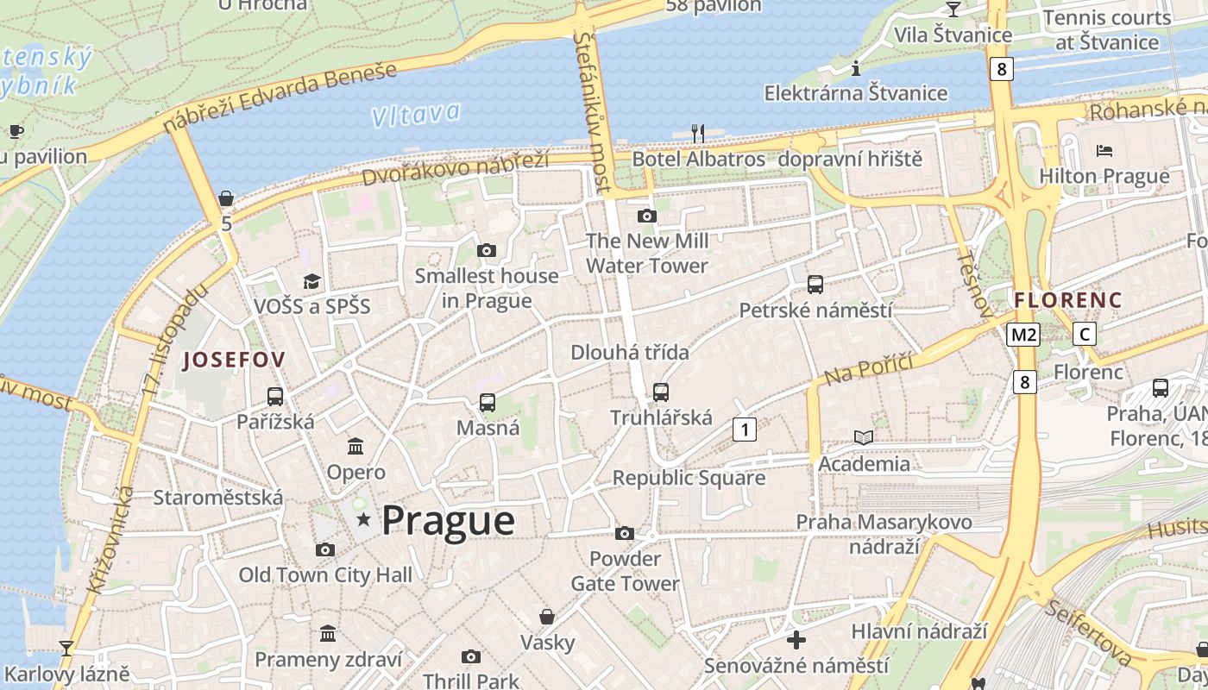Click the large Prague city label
[448, 521]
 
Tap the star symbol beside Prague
[364, 519]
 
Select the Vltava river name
[417, 114]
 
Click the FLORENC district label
[1068, 301]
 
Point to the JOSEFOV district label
[234, 361]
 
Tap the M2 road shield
[1023, 335]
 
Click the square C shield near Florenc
[1085, 335]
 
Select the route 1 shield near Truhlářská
[744, 429]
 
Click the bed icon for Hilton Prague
[1104, 151]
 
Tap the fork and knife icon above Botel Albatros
[698, 133]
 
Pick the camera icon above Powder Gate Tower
[625, 533]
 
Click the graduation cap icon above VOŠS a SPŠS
[311, 281]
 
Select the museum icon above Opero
[355, 446]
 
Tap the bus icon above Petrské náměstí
[815, 284]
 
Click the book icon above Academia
[863, 437]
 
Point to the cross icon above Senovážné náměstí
[796, 640]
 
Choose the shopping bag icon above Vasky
[547, 617]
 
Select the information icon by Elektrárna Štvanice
[856, 67]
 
